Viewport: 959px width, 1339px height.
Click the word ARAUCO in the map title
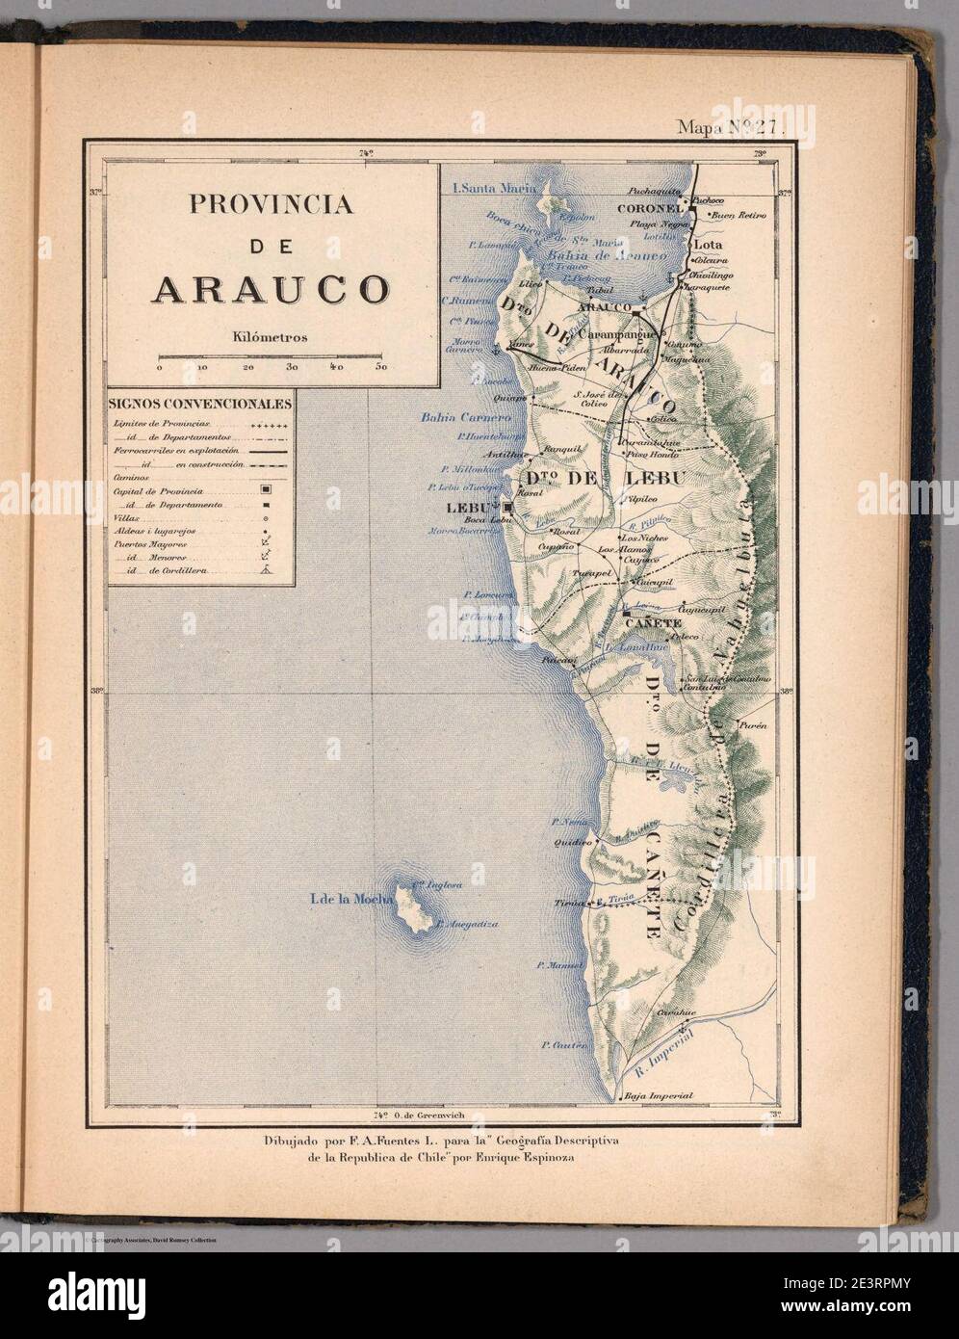[x=269, y=289]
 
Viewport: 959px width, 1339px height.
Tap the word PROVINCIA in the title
[x=269, y=204]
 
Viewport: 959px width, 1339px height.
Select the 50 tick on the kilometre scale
[x=381, y=367]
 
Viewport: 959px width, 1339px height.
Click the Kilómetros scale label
[x=270, y=337]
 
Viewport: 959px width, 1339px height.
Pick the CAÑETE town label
[x=654, y=623]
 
